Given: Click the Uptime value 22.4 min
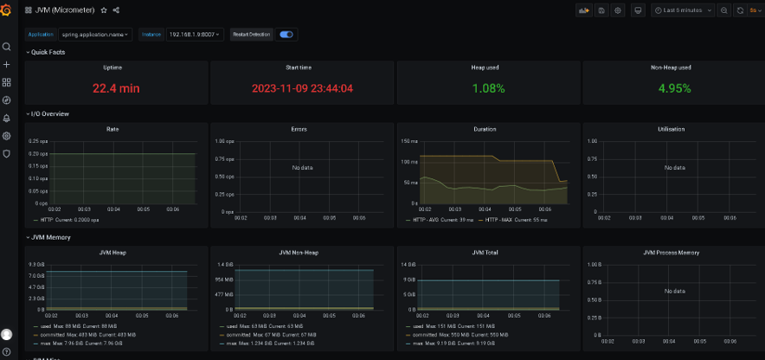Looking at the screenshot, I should (116, 88).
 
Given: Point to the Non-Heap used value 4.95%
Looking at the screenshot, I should (671, 88).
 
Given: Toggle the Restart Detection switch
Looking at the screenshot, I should (286, 35).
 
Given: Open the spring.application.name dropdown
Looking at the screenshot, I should (95, 35).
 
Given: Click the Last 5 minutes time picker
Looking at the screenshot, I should (684, 10).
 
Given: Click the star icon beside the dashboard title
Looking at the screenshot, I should (104, 10).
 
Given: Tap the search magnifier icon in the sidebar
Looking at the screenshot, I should (7, 47).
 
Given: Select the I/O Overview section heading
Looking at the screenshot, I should (50, 113).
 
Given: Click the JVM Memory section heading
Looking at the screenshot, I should (51, 237).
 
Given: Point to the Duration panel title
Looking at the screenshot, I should (485, 129).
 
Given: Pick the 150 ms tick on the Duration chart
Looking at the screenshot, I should (411, 140).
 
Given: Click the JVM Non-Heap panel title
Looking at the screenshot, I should (299, 253).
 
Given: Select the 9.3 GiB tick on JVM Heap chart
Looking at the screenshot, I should (36, 264).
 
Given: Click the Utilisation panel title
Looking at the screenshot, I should (671, 129).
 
